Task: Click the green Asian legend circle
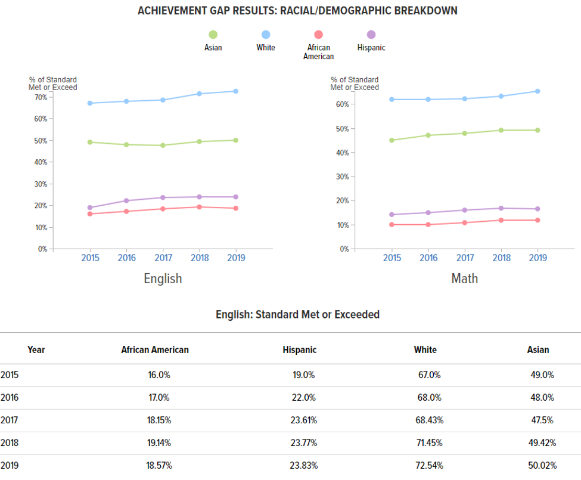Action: point(213,35)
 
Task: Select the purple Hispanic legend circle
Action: point(371,35)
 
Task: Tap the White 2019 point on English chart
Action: point(236,91)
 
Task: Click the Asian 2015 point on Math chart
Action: point(392,140)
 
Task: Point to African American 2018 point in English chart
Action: point(199,207)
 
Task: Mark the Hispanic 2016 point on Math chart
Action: point(428,212)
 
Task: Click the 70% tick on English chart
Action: point(41,97)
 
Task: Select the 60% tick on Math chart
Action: point(342,104)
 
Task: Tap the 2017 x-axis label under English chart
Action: point(163,258)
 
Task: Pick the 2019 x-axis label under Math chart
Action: point(537,258)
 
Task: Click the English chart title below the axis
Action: point(163,278)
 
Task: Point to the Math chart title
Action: point(464,278)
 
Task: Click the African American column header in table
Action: point(155,350)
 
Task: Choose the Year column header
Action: point(36,350)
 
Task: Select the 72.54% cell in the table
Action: point(429,465)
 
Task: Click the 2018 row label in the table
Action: point(10,442)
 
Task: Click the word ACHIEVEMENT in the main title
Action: point(169,11)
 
